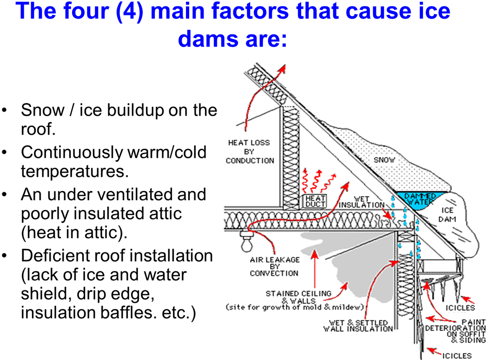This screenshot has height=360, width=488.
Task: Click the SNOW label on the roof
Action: pos(384,160)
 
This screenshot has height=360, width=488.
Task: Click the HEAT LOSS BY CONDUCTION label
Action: pos(249,151)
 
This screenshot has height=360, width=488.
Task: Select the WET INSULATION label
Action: pos(361,202)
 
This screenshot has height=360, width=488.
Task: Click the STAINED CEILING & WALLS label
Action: pos(298,297)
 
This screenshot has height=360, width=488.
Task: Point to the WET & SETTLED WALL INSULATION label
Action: pos(358,326)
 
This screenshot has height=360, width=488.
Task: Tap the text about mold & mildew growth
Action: pos(295,308)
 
